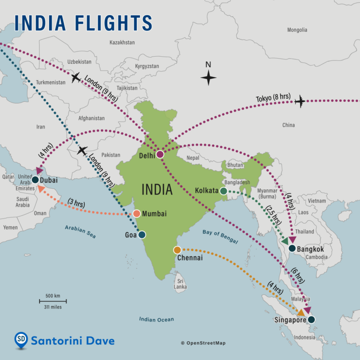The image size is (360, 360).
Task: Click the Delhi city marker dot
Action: tap(160, 154)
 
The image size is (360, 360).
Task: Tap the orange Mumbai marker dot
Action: tap(136, 214)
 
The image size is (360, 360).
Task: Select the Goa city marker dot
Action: tap(142, 235)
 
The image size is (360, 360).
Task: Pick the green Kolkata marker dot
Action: tap(224, 191)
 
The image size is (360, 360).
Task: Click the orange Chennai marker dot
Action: tap(177, 250)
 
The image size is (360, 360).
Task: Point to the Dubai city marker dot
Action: tap(35, 180)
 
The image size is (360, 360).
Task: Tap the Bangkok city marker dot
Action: tap(292, 248)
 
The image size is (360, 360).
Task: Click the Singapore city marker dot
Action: tap(311, 320)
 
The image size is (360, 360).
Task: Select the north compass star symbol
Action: tap(209, 77)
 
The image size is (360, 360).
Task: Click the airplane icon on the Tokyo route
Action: tap(300, 101)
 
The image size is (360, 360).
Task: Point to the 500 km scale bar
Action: tap(52, 301)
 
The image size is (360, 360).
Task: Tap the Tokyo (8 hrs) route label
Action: tap(273, 98)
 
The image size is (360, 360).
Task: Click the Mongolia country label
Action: tap(297, 30)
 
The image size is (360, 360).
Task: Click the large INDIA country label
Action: tap(157, 190)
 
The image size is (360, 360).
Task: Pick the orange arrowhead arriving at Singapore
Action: tap(301, 312)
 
